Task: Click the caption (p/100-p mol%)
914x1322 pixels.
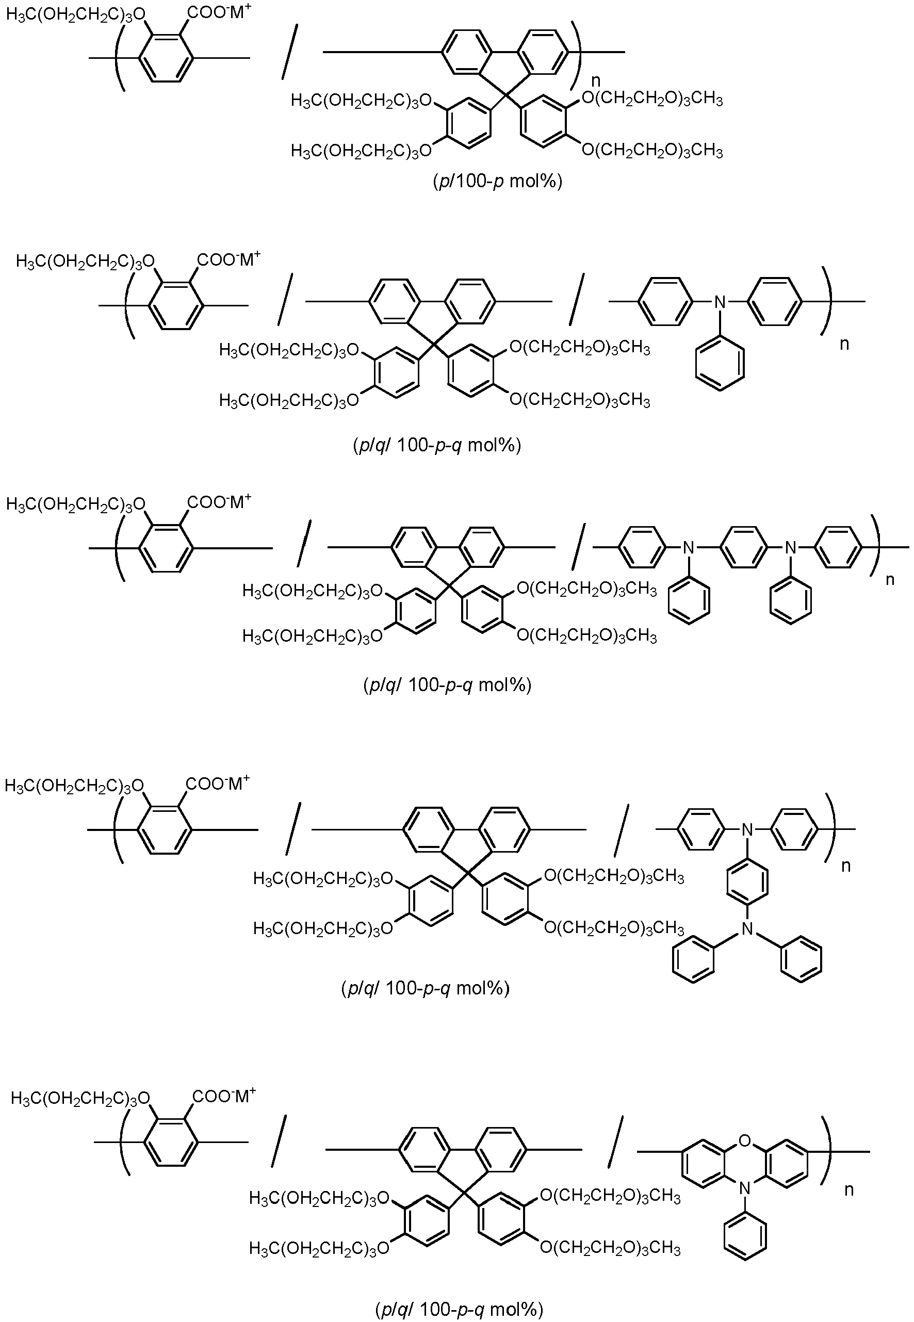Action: pyautogui.click(x=497, y=182)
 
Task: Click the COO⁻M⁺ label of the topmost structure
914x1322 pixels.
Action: pyautogui.click(x=219, y=12)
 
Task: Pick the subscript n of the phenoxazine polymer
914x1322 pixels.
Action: pyautogui.click(x=850, y=1190)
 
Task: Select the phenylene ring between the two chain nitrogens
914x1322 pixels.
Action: pyautogui.click(x=740, y=547)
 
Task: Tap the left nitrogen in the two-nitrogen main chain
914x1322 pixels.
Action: pyautogui.click(x=689, y=547)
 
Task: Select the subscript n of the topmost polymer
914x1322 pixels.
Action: pyautogui.click(x=596, y=81)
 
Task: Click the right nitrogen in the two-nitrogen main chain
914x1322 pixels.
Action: pyautogui.click(x=790, y=547)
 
